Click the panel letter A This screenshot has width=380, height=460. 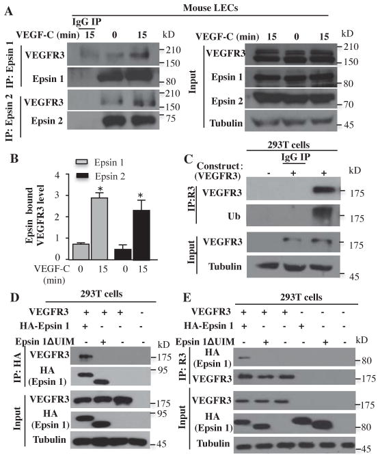[x=9, y=10]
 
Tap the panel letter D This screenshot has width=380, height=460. [x=9, y=299]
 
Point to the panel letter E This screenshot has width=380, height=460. [x=199, y=299]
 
